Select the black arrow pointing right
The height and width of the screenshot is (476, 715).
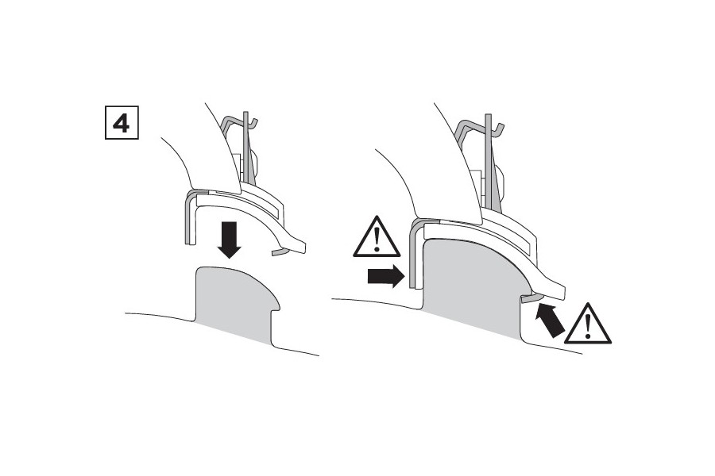(x=383, y=276)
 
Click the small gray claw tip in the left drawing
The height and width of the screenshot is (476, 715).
(x=278, y=251)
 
